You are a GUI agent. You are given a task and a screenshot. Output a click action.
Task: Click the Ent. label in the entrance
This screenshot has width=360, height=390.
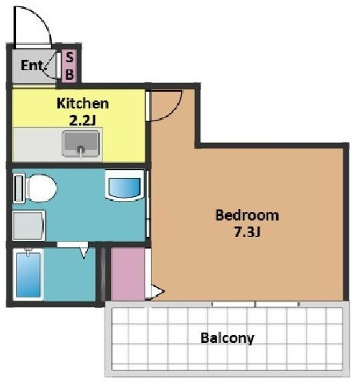(x=32, y=65)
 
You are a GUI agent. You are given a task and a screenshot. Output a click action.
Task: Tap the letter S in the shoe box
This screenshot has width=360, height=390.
(x=69, y=57)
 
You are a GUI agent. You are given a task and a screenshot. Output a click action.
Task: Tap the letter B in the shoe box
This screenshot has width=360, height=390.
(x=69, y=75)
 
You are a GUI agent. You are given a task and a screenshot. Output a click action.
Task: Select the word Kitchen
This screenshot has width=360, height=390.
(x=83, y=104)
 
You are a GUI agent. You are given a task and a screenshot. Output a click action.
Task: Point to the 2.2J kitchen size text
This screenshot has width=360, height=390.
(x=82, y=121)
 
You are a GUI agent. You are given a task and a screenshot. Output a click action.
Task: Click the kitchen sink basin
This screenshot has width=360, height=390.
(x=81, y=143)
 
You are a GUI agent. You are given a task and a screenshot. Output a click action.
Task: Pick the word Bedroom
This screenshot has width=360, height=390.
(x=247, y=215)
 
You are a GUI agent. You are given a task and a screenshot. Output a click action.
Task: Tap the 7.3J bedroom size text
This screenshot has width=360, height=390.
(x=247, y=232)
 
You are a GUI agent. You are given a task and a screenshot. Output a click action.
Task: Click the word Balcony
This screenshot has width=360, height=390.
(x=227, y=338)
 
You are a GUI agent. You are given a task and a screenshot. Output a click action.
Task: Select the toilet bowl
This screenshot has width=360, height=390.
(x=42, y=188)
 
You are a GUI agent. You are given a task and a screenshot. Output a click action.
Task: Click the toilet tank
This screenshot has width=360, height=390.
(x=19, y=188)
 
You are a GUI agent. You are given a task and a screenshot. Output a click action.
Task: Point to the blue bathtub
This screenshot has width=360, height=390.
(x=28, y=274)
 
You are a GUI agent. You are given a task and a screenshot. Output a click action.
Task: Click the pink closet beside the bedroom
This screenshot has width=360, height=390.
(x=128, y=274)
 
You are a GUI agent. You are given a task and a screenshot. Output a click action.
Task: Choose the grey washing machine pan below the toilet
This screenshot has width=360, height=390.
(x=29, y=226)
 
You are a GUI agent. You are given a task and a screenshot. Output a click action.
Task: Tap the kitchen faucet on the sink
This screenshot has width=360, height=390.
(x=81, y=150)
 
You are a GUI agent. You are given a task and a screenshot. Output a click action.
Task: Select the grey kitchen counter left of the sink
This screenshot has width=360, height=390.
(x=38, y=144)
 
